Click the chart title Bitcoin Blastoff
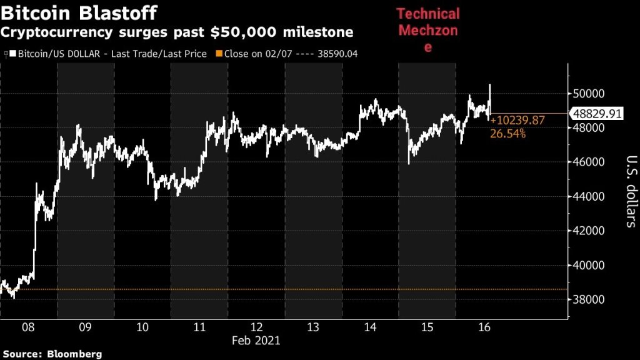click(79, 12)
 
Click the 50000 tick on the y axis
click(589, 94)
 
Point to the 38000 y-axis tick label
click(589, 299)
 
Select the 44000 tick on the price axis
click(589, 196)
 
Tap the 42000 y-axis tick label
click(589, 231)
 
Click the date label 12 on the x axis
click(257, 327)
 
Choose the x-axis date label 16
click(484, 327)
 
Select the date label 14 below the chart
click(371, 327)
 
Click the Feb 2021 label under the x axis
click(256, 341)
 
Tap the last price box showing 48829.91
click(597, 114)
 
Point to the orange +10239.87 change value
click(518, 121)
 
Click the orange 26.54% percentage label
click(507, 133)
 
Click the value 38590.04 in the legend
click(336, 54)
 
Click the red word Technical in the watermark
click(428, 14)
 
